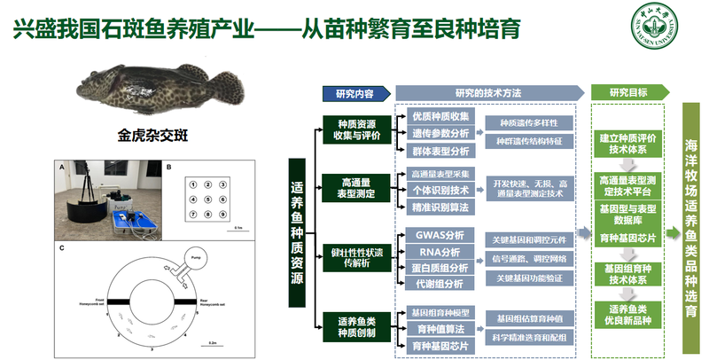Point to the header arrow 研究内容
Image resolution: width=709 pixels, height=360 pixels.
[354, 93]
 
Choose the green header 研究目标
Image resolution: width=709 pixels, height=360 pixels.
[628, 93]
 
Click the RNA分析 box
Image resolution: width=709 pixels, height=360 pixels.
[439, 252]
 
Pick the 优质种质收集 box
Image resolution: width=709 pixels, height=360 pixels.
[440, 117]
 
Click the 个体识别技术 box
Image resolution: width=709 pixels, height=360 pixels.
[440, 189]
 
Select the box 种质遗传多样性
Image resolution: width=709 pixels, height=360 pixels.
[529, 122]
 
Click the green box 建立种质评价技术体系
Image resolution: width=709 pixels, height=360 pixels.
[627, 144]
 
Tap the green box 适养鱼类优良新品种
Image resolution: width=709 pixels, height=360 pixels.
[627, 314]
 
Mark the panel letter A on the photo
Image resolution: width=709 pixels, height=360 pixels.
[62, 167]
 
